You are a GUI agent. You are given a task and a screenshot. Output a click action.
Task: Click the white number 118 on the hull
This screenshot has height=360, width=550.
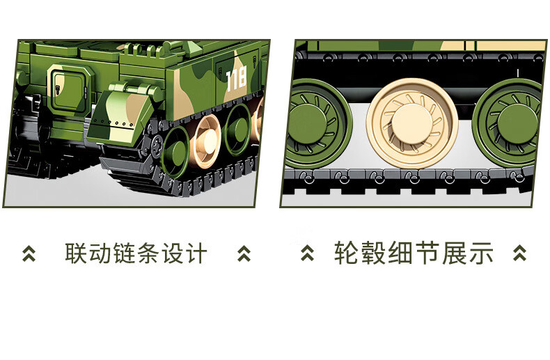pos(237,79)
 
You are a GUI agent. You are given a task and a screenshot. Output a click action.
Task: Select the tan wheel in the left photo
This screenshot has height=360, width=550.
pos(206,141)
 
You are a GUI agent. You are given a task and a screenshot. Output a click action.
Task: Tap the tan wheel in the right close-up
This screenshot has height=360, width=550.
pos(412,123)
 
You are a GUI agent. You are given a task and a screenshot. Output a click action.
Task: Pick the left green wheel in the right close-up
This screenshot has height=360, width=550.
pos(317,123)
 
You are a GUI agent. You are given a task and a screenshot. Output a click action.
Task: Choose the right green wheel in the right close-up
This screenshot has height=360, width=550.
pos(510,123)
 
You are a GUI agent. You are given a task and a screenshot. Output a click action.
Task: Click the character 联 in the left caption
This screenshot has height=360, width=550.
pos(76,253)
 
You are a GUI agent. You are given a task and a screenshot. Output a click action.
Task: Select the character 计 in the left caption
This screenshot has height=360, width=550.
pos(196,253)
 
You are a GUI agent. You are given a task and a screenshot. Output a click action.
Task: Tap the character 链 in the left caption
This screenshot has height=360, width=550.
pos(124,253)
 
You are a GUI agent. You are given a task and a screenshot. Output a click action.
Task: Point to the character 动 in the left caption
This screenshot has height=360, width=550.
pos(100,253)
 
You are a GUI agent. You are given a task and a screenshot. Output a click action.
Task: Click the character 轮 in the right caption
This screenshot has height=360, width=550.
pos(346,253)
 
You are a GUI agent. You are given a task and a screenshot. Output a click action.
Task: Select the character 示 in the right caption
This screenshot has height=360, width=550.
pos(481,253)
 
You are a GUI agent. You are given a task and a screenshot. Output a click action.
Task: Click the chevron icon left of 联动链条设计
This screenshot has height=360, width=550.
pos(29,253)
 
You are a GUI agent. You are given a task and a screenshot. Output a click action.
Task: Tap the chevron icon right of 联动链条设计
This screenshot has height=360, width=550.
pos(244,253)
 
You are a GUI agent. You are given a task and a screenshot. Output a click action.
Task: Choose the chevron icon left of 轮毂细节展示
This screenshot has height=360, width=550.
pos(308,253)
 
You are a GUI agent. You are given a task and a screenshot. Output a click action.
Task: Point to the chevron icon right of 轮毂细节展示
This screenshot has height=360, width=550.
pos(520,253)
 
